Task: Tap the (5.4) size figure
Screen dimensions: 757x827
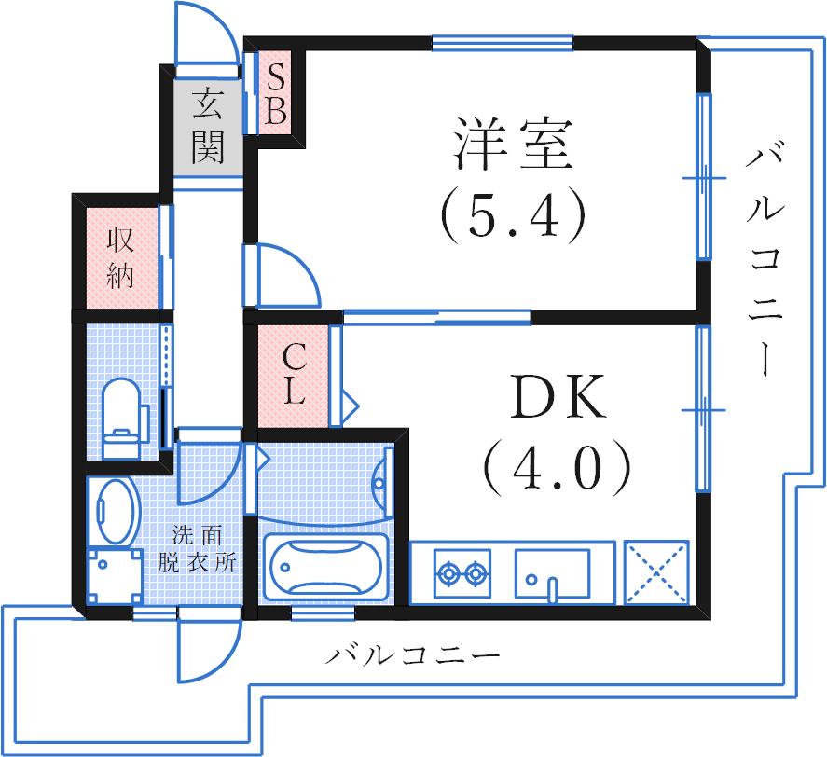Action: pyautogui.click(x=512, y=214)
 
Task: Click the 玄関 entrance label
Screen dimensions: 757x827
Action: pyautogui.click(x=206, y=126)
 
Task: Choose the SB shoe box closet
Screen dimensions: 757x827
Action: pyautogui.click(x=275, y=93)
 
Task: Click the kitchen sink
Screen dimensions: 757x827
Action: pyautogui.click(x=552, y=571)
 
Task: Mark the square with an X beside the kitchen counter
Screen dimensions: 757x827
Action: pyautogui.click(x=656, y=572)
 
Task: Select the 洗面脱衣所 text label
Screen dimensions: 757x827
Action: pyautogui.click(x=202, y=549)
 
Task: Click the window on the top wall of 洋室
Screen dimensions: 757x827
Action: pyautogui.click(x=502, y=42)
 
